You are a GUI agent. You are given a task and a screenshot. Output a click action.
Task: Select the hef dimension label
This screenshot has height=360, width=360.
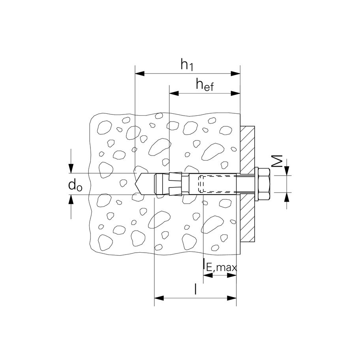(204, 84)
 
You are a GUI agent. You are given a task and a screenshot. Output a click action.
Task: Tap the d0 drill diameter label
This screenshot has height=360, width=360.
(75, 185)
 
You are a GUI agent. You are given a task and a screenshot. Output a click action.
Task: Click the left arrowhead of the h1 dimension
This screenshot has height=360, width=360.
(139, 73)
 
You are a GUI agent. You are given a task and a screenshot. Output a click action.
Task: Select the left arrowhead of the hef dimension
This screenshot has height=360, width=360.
(173, 94)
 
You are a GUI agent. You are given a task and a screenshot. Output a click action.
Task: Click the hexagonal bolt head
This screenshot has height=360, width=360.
(264, 184)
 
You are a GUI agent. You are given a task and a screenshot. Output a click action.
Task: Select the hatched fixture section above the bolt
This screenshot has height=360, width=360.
(247, 146)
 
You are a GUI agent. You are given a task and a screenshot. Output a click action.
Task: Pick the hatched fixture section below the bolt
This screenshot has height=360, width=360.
(247, 221)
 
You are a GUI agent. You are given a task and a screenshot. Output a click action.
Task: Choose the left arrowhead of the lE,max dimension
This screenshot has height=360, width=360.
(206, 275)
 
